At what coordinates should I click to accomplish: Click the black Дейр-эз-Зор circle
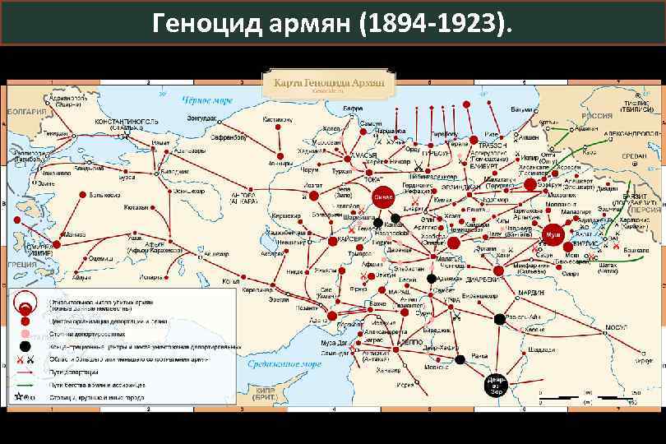click(x=496, y=384)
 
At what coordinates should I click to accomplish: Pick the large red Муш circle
click(x=552, y=234)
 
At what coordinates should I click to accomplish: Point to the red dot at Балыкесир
click(x=81, y=195)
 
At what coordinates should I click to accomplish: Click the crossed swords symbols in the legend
click(x=25, y=361)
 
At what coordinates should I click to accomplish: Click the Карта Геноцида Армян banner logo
click(x=329, y=82)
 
